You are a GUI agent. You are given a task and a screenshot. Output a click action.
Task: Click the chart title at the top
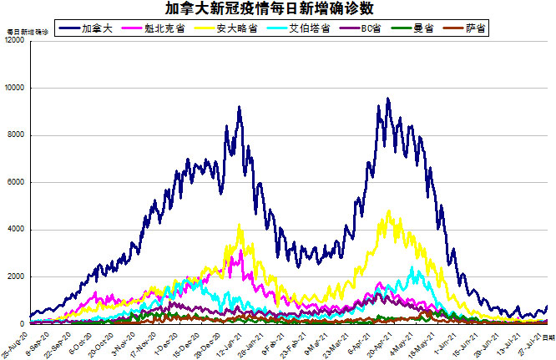[278, 9]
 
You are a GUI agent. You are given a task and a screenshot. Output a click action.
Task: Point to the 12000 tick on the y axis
[14, 41]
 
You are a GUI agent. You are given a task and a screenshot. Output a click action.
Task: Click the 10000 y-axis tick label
[14, 88]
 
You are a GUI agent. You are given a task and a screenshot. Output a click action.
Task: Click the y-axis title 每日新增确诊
[28, 32]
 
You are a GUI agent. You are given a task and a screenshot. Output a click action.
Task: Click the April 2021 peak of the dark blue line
[387, 99]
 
